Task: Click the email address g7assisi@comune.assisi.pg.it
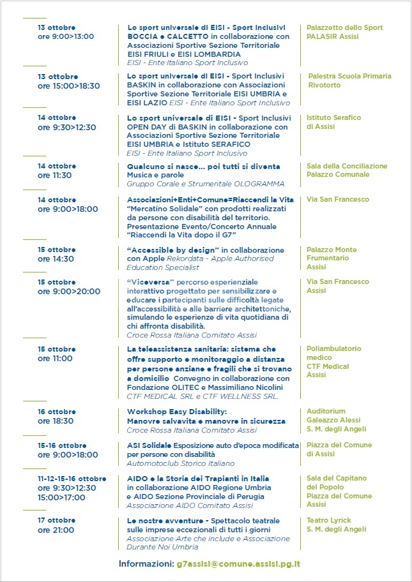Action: point(238,564)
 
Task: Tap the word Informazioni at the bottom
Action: point(146,564)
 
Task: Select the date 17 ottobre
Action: point(57,520)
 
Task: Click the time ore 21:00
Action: point(56,530)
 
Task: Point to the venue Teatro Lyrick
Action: point(329,520)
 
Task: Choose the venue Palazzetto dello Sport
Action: point(345,27)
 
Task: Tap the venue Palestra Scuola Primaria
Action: point(349,76)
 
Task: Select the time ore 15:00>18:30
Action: point(69,86)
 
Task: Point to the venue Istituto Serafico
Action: point(333,117)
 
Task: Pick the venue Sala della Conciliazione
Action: point(347,166)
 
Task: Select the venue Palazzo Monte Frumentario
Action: point(332,254)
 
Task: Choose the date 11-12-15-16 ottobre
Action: point(72,478)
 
